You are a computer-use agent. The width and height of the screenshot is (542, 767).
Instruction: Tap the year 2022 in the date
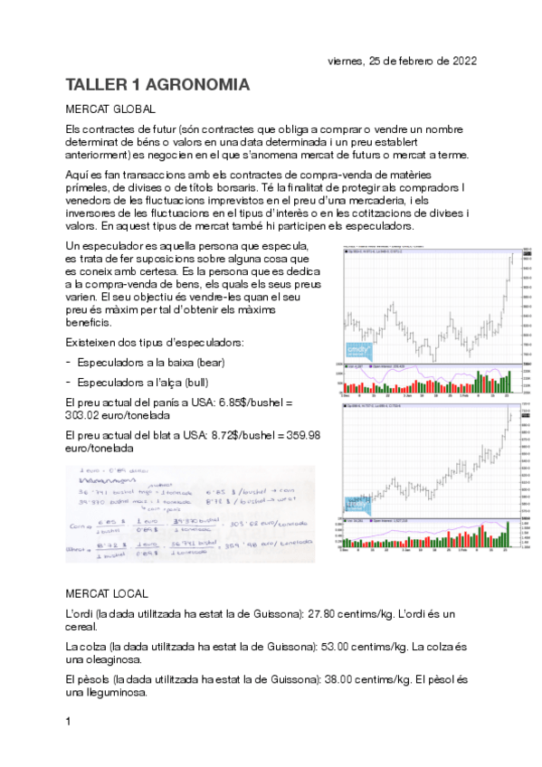point(461,62)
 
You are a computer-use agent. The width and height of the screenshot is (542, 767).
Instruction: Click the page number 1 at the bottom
point(70,722)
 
